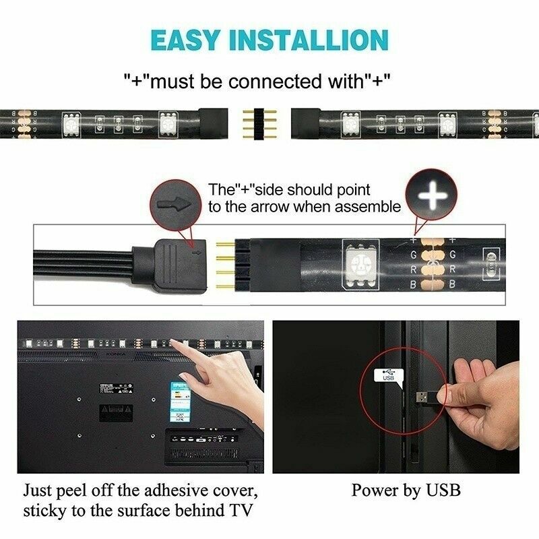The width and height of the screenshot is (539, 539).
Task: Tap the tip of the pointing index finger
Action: [x=177, y=342]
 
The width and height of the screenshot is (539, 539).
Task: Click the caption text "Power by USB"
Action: [x=406, y=490]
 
